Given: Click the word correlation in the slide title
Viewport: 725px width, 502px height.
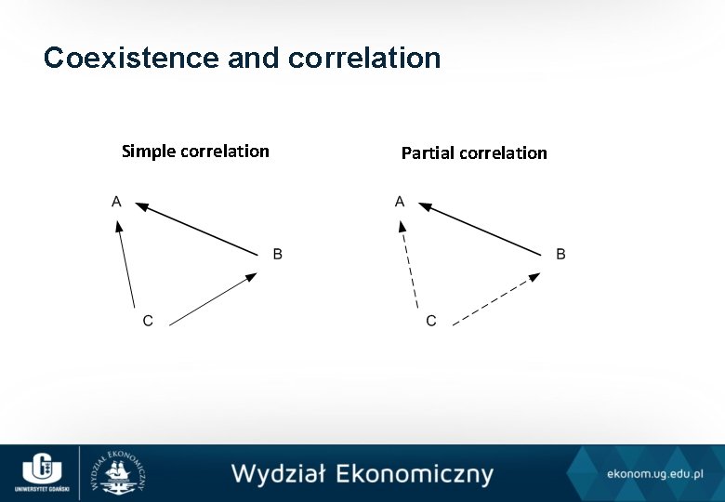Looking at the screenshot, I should point(364,59).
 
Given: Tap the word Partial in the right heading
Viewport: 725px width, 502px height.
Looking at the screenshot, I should point(430,152).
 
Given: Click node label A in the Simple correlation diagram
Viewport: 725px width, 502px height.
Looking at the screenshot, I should point(116,201).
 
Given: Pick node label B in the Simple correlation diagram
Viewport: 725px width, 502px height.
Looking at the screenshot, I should point(277,254).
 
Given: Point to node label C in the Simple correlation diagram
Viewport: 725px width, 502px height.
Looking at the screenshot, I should point(148,321).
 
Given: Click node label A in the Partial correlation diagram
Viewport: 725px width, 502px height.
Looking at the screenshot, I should point(400,201).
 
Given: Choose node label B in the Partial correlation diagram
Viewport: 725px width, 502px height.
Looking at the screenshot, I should point(560,254).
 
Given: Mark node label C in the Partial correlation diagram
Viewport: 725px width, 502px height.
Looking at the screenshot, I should point(430,321).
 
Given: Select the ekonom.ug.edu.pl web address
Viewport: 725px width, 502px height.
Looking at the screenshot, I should point(654,474).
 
